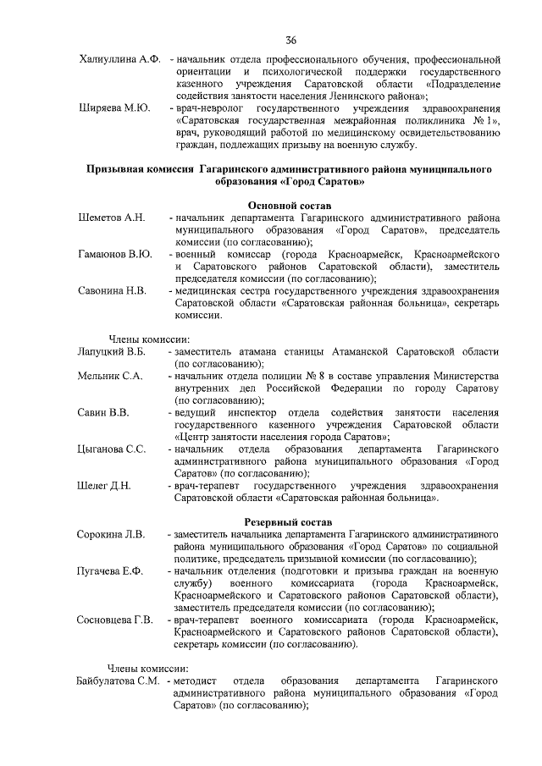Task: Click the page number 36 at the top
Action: point(290,40)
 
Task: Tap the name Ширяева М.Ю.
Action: point(114,108)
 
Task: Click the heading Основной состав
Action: point(289,206)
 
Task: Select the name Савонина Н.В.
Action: point(113,290)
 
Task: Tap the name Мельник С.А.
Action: point(109,375)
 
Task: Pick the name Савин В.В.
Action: point(102,412)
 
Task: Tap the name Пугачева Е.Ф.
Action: point(109,571)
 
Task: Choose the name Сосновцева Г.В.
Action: point(114,620)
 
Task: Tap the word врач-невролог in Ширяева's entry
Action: point(207,108)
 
